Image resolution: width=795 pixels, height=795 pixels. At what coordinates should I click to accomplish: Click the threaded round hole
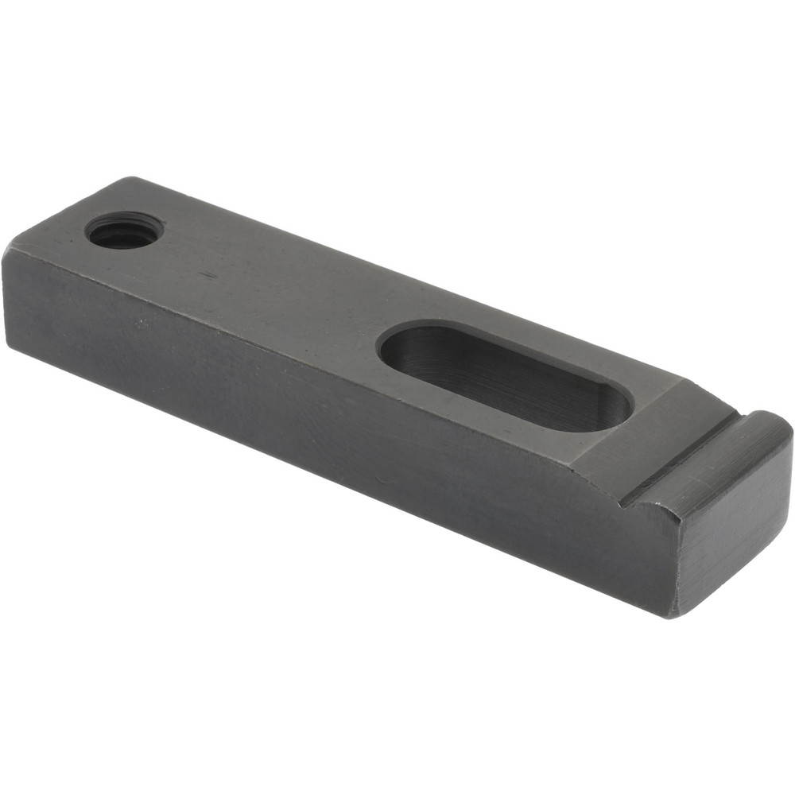[124, 231]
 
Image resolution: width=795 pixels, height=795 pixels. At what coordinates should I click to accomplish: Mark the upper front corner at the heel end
[10, 250]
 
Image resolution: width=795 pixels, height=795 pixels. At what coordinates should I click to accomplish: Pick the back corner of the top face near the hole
[131, 179]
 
